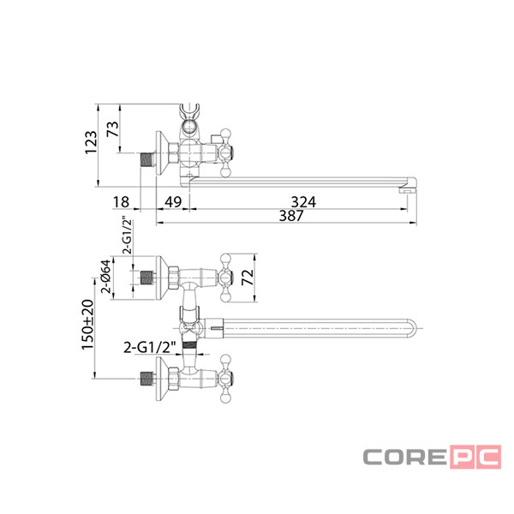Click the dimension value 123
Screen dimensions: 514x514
click(x=91, y=142)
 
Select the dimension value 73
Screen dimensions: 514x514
click(x=112, y=128)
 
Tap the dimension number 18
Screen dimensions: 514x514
click(x=121, y=202)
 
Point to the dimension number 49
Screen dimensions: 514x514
click(x=173, y=202)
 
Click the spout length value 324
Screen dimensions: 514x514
click(x=303, y=202)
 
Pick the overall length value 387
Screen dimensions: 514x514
click(x=291, y=216)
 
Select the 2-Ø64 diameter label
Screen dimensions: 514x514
click(x=106, y=277)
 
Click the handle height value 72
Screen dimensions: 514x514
click(x=248, y=277)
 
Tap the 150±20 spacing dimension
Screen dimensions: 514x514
click(x=87, y=325)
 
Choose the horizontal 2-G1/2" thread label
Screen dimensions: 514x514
click(x=150, y=348)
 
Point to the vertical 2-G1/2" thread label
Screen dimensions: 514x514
click(x=127, y=235)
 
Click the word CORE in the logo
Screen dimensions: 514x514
click(x=405, y=457)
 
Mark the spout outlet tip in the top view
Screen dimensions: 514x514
click(x=408, y=189)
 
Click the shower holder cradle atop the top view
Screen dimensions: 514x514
click(x=189, y=111)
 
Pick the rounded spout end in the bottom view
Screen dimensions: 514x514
click(x=412, y=328)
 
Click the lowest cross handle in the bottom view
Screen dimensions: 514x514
click(x=225, y=379)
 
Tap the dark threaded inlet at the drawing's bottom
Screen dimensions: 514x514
click(x=146, y=379)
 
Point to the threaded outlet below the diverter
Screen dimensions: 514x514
click(x=189, y=345)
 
